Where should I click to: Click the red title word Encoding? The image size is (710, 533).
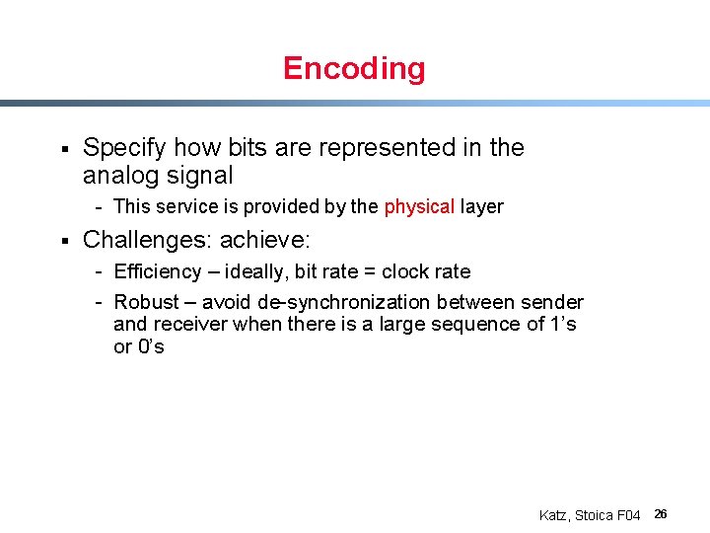click(x=354, y=68)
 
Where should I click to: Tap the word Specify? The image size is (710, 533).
click(x=125, y=148)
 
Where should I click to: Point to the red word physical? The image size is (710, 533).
click(x=419, y=206)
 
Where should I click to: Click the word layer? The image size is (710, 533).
click(x=482, y=206)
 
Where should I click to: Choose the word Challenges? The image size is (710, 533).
click(x=148, y=240)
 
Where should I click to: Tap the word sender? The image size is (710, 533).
click(x=553, y=302)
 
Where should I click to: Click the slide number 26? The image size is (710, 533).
click(x=661, y=514)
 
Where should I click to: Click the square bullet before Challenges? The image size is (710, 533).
click(x=62, y=240)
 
